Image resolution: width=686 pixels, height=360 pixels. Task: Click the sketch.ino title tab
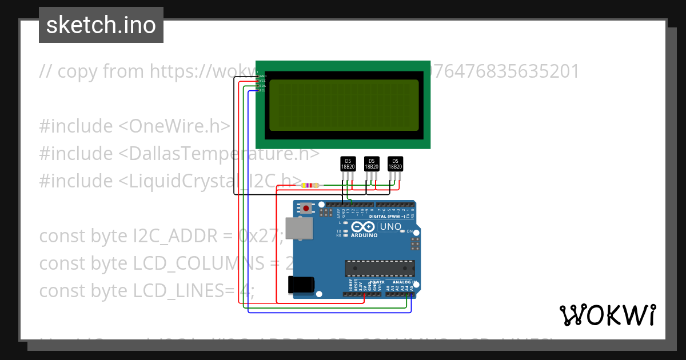(x=101, y=25)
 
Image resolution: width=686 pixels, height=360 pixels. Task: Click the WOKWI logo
(x=607, y=315)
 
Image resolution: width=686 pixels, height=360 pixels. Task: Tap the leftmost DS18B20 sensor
(x=348, y=164)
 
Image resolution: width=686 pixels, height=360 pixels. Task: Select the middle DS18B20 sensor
(x=372, y=164)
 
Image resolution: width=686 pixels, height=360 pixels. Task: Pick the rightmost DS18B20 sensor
(x=395, y=164)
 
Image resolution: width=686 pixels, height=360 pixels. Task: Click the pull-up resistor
(x=311, y=185)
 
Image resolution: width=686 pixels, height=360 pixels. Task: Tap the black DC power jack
(x=301, y=284)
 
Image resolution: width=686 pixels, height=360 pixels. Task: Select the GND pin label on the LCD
(x=262, y=76)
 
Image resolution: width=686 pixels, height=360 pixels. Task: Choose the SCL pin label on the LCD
(x=262, y=90)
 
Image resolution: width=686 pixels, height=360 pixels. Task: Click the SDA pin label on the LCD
(x=262, y=86)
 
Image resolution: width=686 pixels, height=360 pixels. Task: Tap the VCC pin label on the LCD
(x=262, y=81)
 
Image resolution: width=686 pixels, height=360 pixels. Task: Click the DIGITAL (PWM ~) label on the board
(x=388, y=217)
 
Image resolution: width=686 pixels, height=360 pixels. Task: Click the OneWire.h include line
(x=135, y=126)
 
